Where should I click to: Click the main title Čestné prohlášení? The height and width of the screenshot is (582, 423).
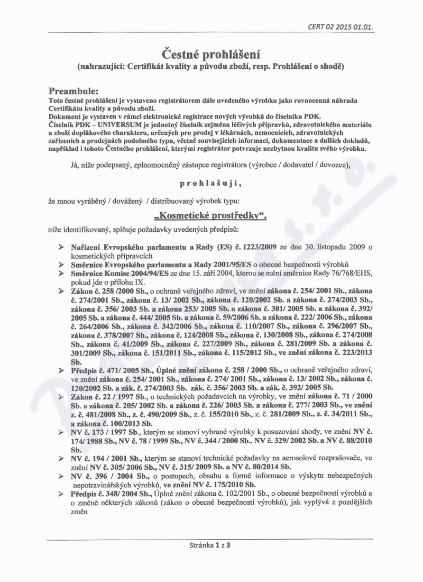[211, 54]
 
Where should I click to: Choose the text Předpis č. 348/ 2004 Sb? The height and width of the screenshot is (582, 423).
[105, 494]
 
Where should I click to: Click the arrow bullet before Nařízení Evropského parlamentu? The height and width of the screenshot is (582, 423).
[62, 248]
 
